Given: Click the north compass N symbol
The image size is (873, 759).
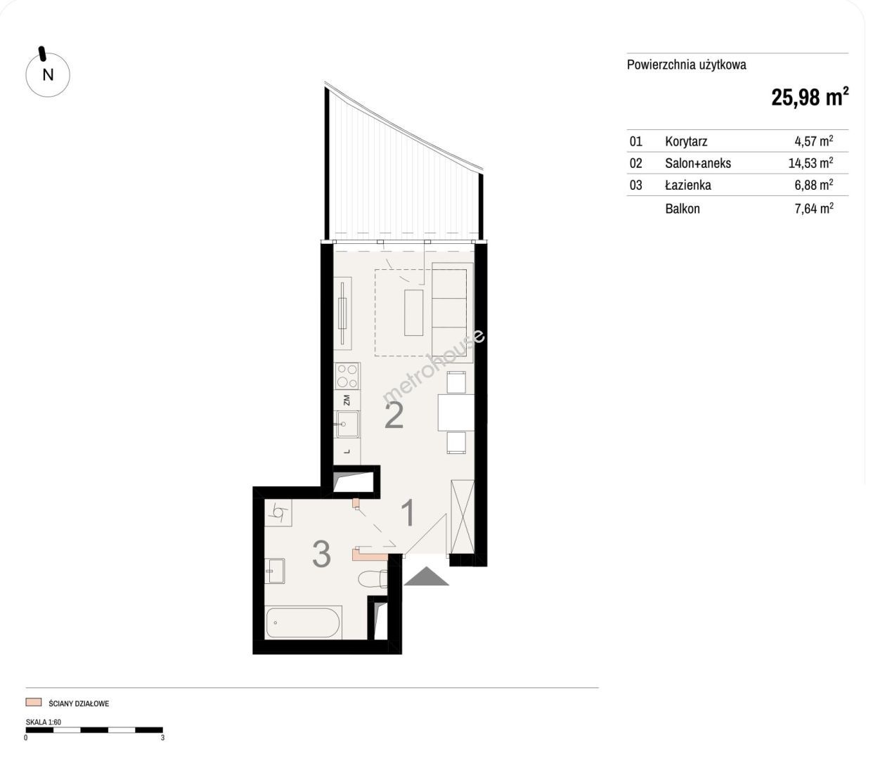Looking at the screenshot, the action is [x=47, y=74].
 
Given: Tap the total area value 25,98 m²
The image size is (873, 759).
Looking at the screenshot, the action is [x=810, y=97].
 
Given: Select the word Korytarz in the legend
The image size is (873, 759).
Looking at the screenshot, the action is [x=686, y=141].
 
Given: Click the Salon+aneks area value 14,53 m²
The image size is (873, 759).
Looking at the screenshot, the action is [x=810, y=162].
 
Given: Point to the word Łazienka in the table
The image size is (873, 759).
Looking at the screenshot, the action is [x=688, y=185].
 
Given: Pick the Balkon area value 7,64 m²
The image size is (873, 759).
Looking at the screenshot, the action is [x=814, y=208].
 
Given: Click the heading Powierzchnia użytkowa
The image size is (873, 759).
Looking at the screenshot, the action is [x=686, y=65].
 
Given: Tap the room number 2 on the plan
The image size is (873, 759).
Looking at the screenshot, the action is [x=394, y=415].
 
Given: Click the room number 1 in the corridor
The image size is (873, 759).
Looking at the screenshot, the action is [x=409, y=513].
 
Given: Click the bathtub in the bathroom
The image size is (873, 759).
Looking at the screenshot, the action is [x=303, y=623].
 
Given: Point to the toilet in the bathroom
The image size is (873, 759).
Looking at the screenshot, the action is [x=373, y=579].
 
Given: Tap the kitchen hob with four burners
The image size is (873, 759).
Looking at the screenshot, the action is [x=347, y=376].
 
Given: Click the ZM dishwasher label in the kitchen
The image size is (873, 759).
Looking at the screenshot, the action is [x=347, y=400].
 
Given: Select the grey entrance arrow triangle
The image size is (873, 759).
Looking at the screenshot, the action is [x=426, y=576].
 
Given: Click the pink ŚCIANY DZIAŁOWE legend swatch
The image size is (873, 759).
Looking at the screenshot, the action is [x=33, y=702].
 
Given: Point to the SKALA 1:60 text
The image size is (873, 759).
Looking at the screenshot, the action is [x=44, y=722].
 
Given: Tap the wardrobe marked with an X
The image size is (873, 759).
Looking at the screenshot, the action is [x=463, y=517].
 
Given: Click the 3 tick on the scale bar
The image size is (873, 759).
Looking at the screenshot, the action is [x=162, y=738].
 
